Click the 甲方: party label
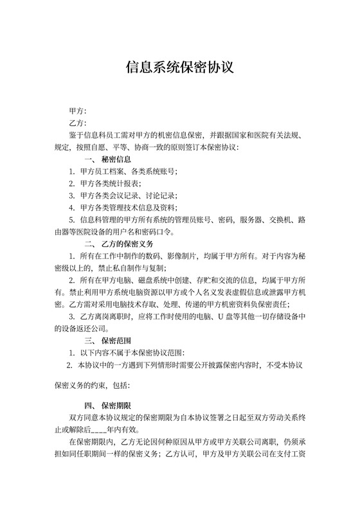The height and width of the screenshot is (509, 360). click(77, 111)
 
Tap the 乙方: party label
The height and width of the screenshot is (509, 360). click(77, 123)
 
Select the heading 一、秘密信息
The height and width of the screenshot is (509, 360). click(108, 159)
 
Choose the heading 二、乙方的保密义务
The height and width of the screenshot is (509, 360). click(118, 244)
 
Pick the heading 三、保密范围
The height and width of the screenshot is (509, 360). click(108, 341)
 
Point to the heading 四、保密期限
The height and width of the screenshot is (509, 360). click(108, 406)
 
